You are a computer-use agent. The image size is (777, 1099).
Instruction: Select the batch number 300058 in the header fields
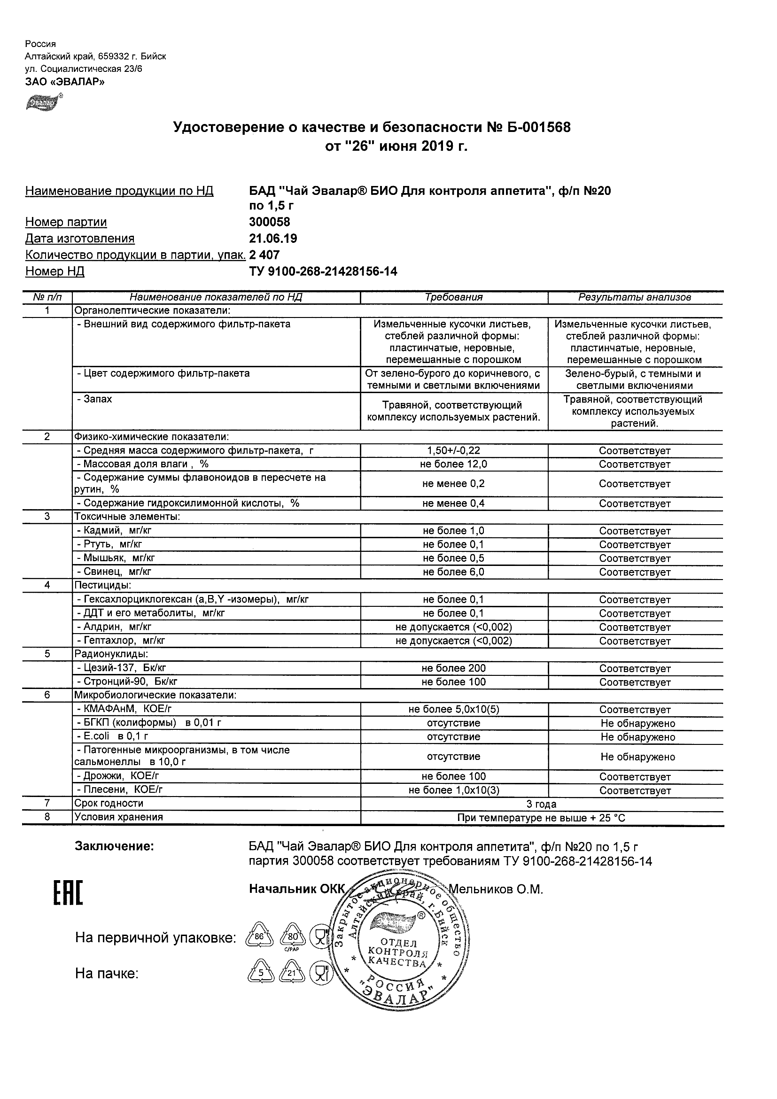[x=270, y=222]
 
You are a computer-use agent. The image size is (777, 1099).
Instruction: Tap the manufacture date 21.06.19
[x=273, y=239]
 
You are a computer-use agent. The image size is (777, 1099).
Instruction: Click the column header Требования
[x=453, y=297]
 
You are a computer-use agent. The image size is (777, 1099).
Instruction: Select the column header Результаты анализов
[x=634, y=297]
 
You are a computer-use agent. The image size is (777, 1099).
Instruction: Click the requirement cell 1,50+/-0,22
[x=453, y=450]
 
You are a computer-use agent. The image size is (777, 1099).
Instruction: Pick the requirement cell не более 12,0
[x=453, y=464]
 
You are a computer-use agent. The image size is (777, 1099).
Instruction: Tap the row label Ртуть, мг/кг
[x=112, y=544]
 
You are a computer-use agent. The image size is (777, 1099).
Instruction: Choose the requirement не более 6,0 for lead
[x=453, y=572]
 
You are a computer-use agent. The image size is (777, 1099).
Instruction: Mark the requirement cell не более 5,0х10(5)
[x=453, y=709]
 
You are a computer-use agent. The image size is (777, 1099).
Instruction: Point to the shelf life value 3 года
[x=541, y=804]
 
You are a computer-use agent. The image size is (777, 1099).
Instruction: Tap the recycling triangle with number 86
[x=259, y=936]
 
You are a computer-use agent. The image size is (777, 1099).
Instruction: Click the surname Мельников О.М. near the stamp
[x=496, y=890]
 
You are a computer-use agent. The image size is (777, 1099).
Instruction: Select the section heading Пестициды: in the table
[x=102, y=585]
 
